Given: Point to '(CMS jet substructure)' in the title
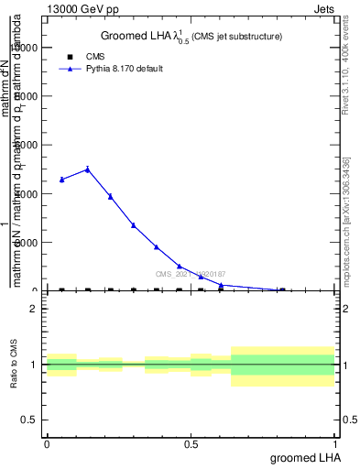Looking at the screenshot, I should [x=236, y=37].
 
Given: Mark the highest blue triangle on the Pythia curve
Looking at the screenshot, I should [x=87, y=169].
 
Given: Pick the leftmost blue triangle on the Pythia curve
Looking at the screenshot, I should [x=61, y=180].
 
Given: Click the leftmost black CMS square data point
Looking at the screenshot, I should [x=61, y=290].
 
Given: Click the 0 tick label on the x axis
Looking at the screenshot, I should [x=47, y=444].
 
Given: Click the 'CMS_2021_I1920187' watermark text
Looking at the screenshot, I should [x=191, y=274].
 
